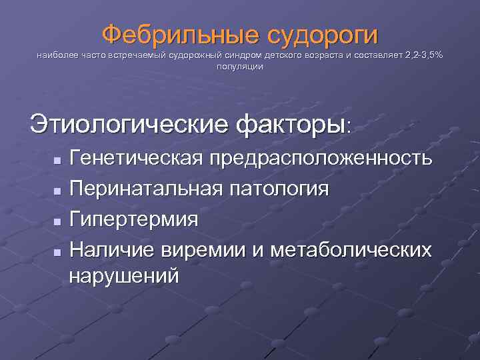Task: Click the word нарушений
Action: pyautogui.click(x=124, y=275)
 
